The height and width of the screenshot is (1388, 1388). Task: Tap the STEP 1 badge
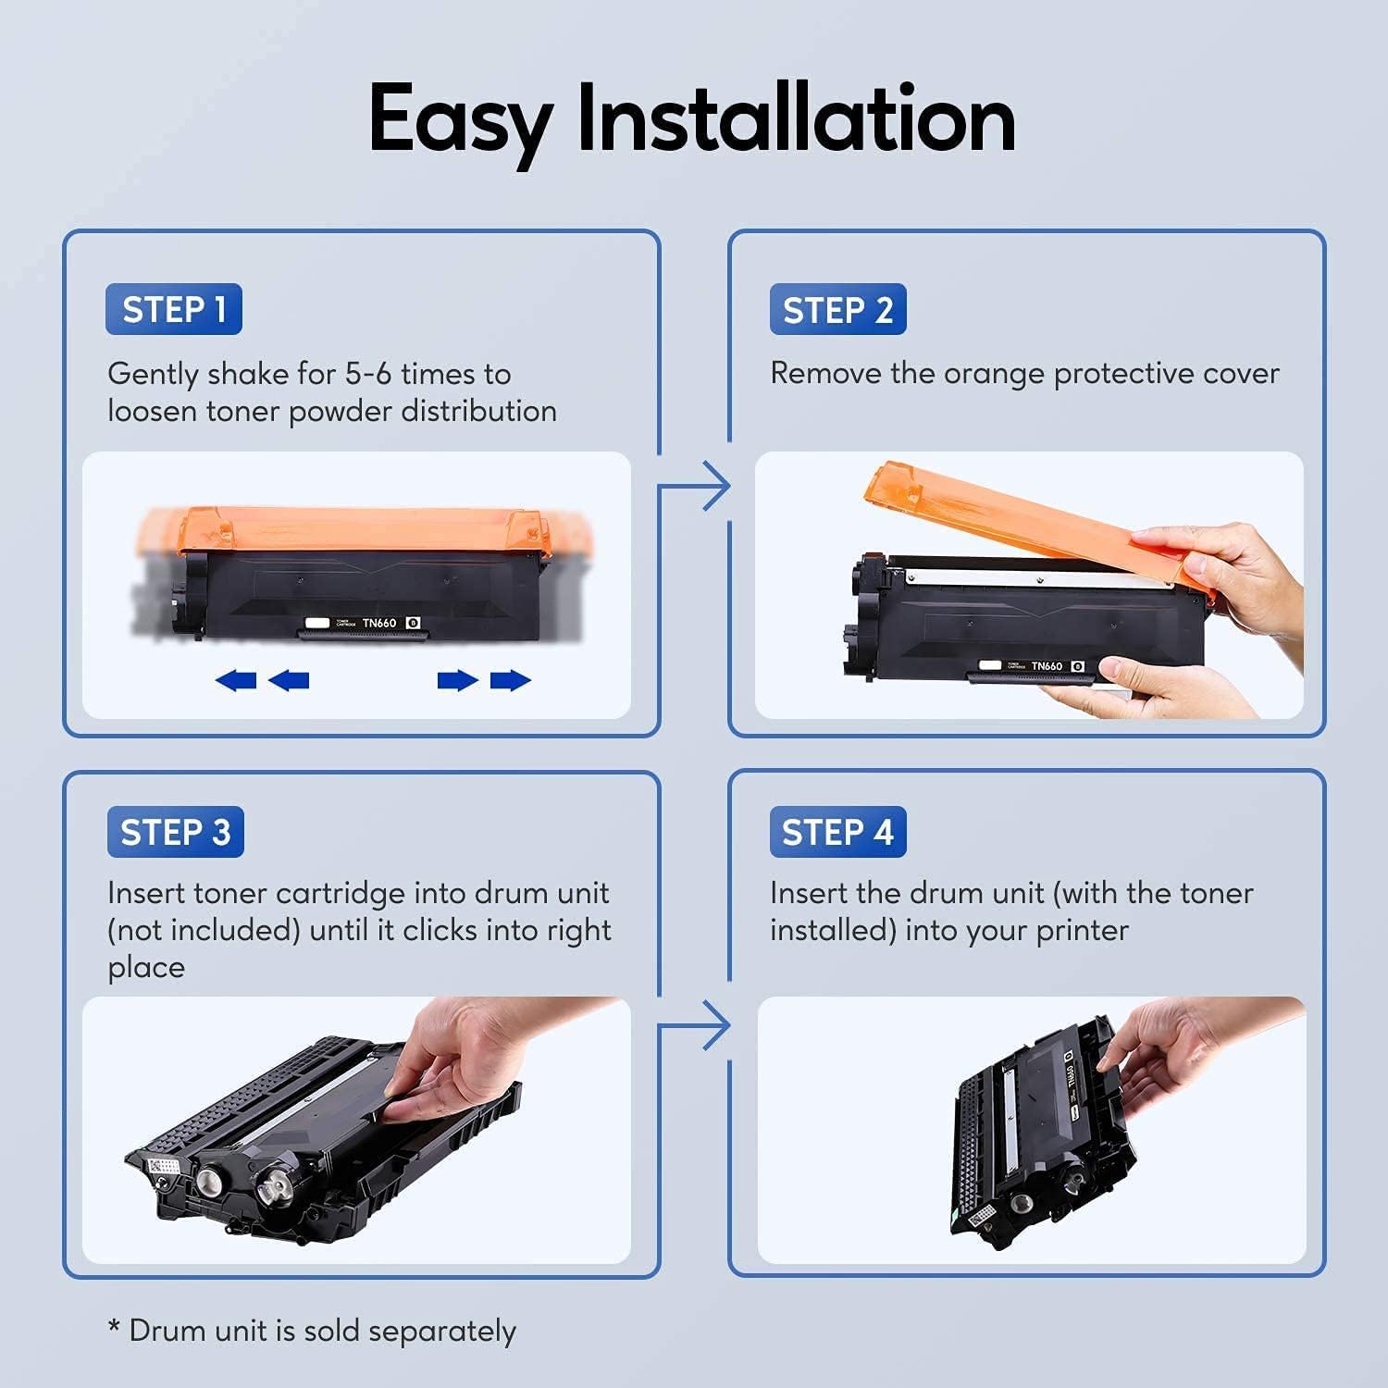(174, 309)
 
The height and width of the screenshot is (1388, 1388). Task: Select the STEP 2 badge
(837, 309)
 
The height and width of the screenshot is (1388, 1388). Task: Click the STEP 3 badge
(175, 832)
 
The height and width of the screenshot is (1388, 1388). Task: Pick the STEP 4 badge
(837, 832)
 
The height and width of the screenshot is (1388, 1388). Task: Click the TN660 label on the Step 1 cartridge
(379, 623)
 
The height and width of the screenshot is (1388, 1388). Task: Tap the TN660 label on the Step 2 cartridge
(1047, 666)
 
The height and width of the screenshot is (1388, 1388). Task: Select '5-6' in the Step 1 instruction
(367, 374)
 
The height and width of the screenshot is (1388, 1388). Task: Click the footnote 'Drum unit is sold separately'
(321, 1331)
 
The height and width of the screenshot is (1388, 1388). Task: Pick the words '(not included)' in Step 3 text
(204, 930)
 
